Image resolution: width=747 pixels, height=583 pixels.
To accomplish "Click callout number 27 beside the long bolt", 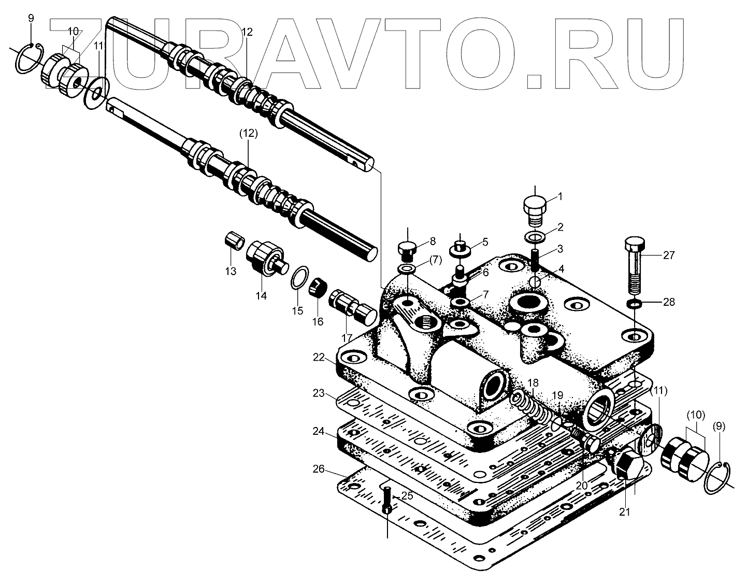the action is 669,255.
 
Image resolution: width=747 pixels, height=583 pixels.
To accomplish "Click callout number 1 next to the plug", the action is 559,196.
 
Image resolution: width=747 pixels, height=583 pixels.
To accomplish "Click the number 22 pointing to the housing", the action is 319,357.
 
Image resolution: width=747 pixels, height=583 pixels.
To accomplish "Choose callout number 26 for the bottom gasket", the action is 319,469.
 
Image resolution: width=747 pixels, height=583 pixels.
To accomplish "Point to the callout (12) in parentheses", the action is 248,133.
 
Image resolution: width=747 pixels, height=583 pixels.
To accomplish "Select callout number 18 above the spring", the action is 533,383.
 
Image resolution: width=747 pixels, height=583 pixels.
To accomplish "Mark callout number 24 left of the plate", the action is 319,431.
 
